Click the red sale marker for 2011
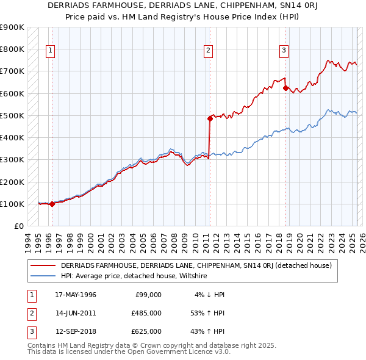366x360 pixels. (209, 119)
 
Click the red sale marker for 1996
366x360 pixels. (52, 204)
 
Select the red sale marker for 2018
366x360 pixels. (285, 88)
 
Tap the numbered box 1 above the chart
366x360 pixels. (49, 51)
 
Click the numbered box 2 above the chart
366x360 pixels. (209, 51)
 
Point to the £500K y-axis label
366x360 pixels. (12, 115)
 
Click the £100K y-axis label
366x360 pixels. (12, 204)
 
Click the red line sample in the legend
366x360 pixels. (43, 265)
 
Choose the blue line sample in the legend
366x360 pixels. (43, 276)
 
